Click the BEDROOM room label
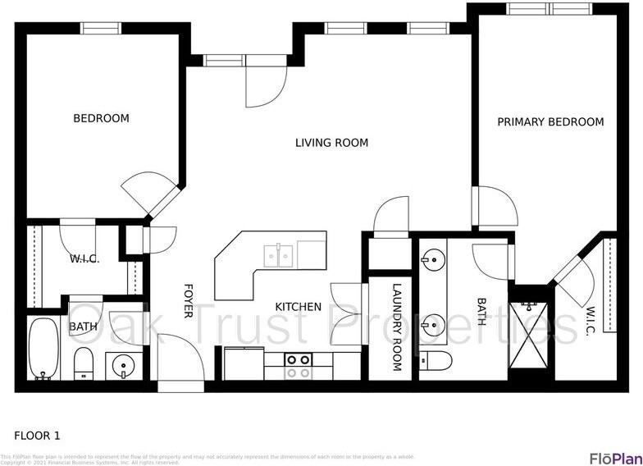tap(101, 118)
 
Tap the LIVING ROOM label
tap(331, 143)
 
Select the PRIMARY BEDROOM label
tap(550, 122)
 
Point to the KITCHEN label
tap(298, 307)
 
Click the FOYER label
tap(188, 301)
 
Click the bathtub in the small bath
tap(43, 349)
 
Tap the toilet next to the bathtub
tap(84, 362)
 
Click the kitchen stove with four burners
tap(299, 365)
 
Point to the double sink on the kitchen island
tap(280, 255)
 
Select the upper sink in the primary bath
tap(431, 261)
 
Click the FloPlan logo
tap(614, 458)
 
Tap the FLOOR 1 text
tap(37, 436)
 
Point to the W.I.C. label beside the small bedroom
tap(84, 258)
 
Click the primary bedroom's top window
tap(549, 8)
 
